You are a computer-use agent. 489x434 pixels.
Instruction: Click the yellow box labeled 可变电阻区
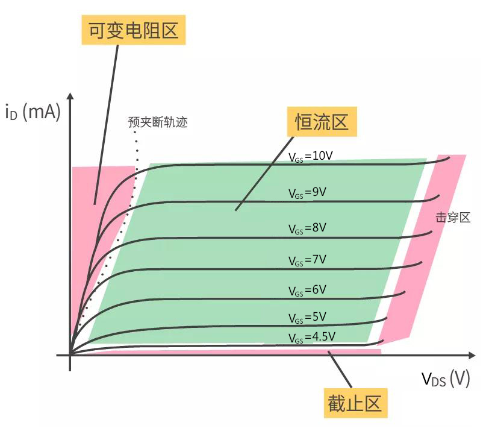click(x=134, y=30)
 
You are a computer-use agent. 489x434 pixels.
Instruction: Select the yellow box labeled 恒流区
click(x=322, y=122)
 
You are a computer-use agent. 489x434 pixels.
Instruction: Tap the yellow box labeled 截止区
click(x=355, y=403)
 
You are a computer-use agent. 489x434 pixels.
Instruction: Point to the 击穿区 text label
click(x=453, y=218)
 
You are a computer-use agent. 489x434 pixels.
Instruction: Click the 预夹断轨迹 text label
click(x=158, y=122)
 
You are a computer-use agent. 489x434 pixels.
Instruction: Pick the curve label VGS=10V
click(x=311, y=157)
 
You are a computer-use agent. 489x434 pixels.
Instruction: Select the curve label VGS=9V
click(x=308, y=193)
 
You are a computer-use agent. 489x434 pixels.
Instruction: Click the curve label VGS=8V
click(x=308, y=228)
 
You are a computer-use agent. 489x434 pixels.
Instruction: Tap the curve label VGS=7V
click(x=308, y=260)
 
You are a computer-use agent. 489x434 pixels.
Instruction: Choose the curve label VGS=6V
click(x=308, y=291)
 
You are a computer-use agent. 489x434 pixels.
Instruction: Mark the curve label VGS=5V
click(x=308, y=318)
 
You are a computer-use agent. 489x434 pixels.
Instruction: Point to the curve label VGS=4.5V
click(x=312, y=337)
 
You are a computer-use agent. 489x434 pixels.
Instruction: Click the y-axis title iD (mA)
click(x=33, y=112)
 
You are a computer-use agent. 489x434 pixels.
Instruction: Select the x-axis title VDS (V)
click(x=446, y=379)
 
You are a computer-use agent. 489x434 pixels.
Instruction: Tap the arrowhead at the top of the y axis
click(x=70, y=96)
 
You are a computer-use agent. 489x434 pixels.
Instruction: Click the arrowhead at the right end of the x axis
click(x=472, y=355)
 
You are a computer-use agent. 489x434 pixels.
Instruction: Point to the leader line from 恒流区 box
click(x=264, y=173)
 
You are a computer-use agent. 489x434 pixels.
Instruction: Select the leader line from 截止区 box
click(x=340, y=370)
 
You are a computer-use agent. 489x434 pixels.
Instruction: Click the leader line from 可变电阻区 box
click(x=107, y=125)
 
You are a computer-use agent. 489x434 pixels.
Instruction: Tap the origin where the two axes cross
click(x=70, y=355)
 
